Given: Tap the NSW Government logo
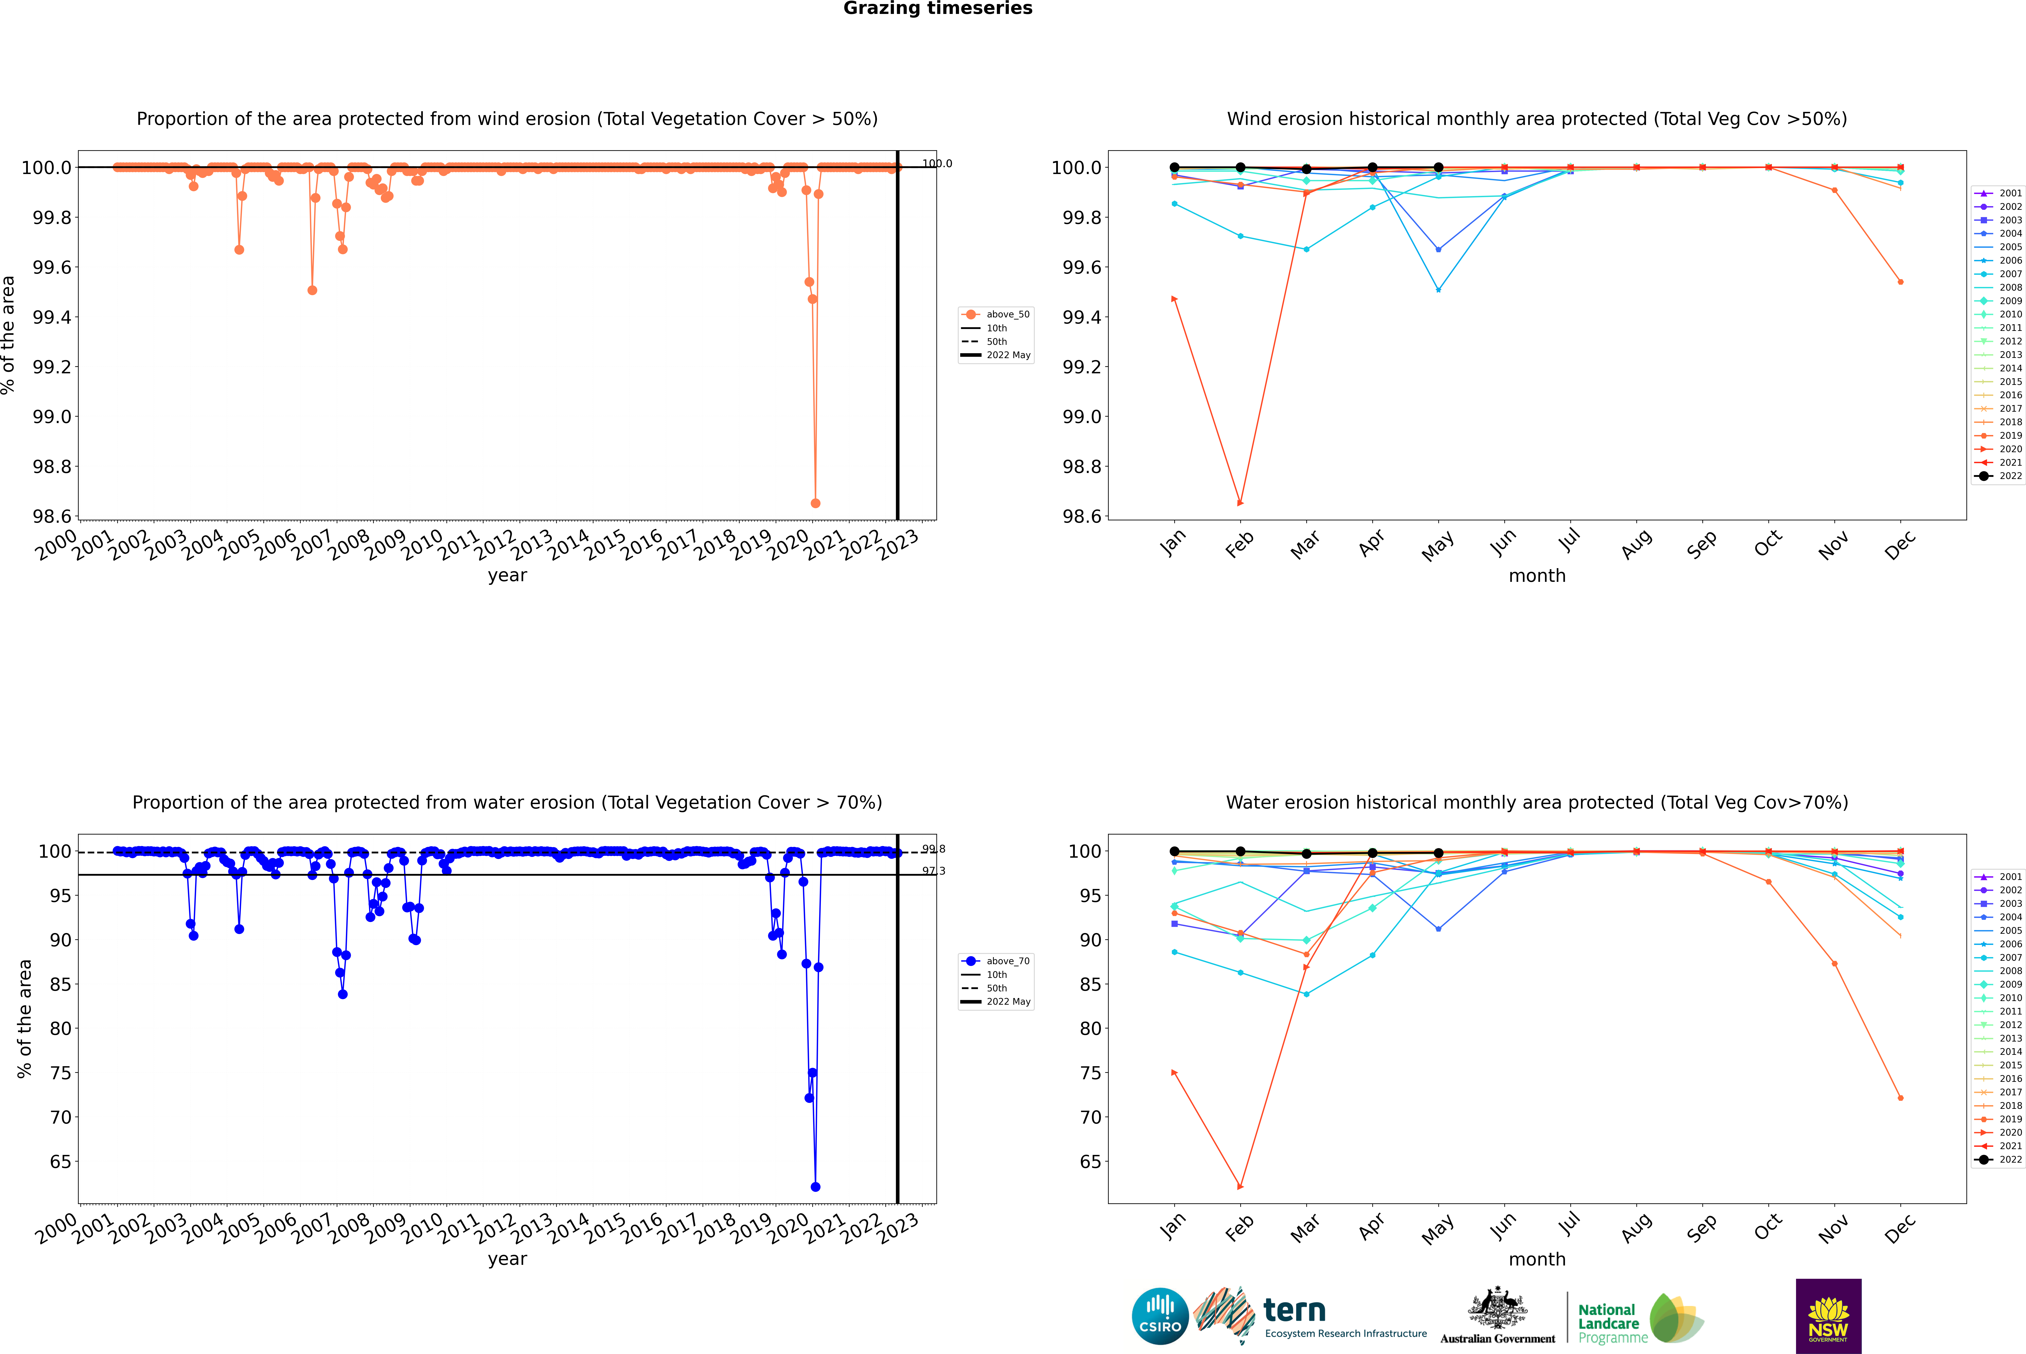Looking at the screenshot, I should tap(1828, 1316).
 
